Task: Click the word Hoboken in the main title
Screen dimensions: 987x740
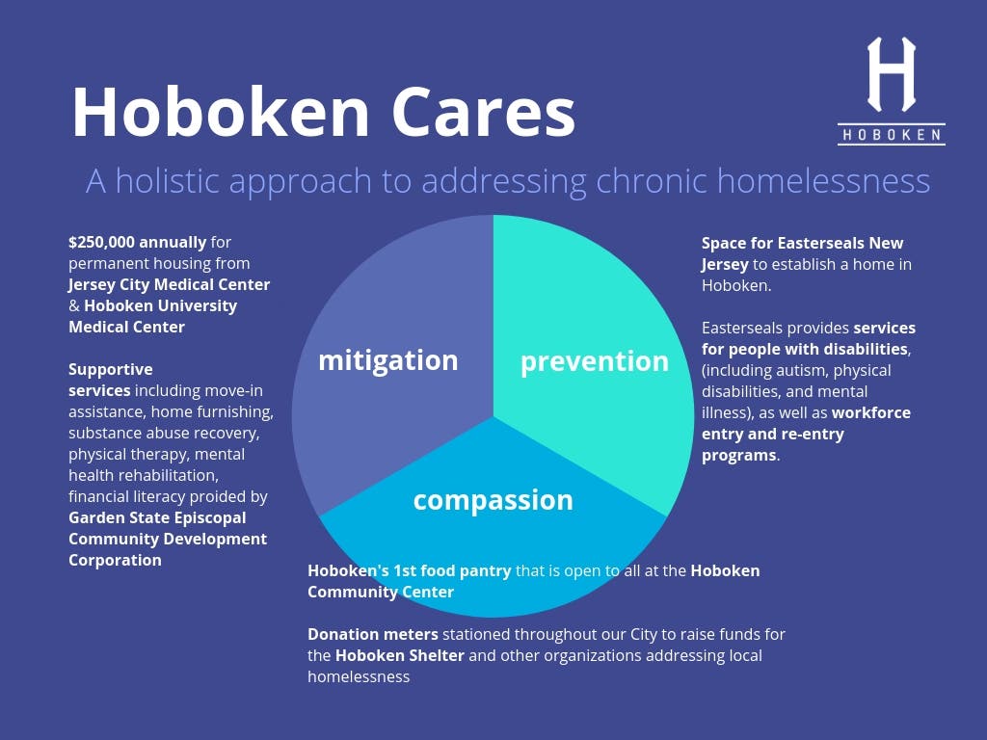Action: [221, 112]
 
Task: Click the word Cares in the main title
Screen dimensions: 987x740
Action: [484, 112]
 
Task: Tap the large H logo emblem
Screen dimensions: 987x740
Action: [892, 74]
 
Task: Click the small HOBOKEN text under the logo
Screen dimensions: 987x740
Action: [892, 135]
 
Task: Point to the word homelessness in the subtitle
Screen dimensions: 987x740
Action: [823, 181]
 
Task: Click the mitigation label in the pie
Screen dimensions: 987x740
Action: [388, 361]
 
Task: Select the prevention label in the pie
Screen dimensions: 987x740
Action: [594, 362]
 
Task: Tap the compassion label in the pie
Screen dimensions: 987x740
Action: [493, 501]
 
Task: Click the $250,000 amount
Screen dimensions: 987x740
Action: [101, 242]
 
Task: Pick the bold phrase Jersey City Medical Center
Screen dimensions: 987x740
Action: [170, 284]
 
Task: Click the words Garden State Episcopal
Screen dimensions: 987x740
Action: [157, 517]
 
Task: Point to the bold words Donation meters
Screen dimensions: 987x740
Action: [373, 634]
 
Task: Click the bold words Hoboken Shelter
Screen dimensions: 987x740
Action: [400, 655]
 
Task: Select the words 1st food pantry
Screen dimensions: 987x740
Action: [452, 571]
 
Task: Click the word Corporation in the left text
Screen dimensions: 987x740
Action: [116, 560]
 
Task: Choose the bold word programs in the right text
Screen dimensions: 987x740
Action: [739, 456]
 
